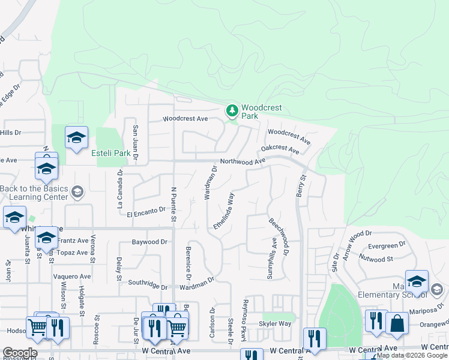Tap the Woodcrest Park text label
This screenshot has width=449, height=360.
click(261, 112)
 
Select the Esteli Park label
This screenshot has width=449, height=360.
click(110, 153)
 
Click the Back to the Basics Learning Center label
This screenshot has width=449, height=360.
click(34, 193)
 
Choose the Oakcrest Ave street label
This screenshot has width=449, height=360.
click(279, 149)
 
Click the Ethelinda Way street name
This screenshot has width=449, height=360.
click(223, 210)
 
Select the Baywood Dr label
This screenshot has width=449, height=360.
click(148, 243)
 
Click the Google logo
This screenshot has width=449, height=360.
click(20, 353)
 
